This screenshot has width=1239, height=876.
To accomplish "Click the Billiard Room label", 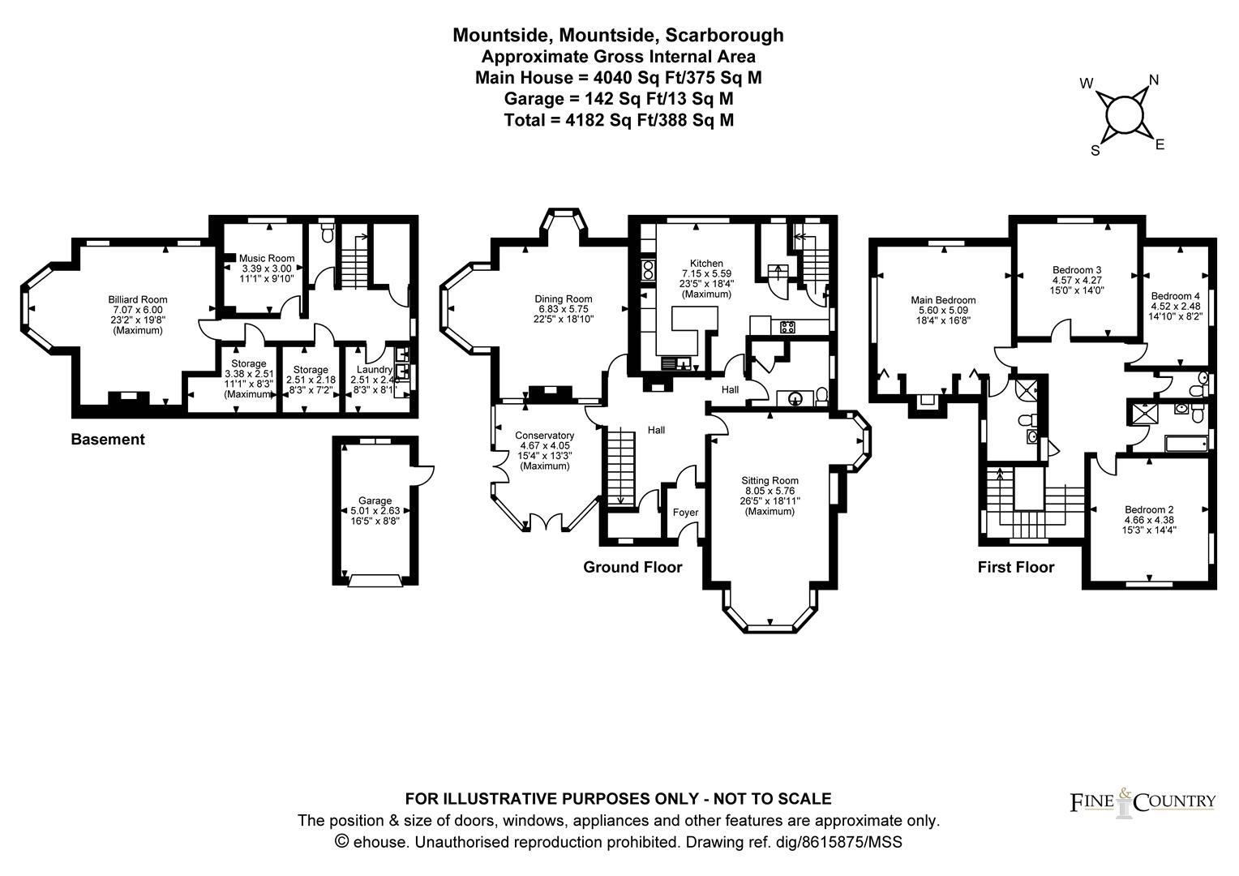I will [x=138, y=299].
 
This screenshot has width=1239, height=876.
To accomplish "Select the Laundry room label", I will [x=374, y=369].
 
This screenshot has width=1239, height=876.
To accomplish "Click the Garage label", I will [x=375, y=500].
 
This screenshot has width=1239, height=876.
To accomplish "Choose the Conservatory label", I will [x=544, y=436].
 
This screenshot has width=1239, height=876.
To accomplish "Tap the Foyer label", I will [x=685, y=512].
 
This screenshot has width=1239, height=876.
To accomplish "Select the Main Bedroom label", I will [x=943, y=299].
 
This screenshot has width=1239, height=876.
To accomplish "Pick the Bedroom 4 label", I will [x=1175, y=295].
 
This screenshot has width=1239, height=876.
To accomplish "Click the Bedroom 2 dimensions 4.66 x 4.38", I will [x=1148, y=520].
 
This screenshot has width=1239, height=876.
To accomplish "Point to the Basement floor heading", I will [x=108, y=440].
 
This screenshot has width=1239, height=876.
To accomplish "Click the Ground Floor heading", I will [x=632, y=567].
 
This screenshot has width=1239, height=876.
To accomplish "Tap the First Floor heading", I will [x=1015, y=567].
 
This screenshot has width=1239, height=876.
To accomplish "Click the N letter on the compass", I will [x=1153, y=79].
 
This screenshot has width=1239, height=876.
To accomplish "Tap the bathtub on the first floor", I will [x=1185, y=444].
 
